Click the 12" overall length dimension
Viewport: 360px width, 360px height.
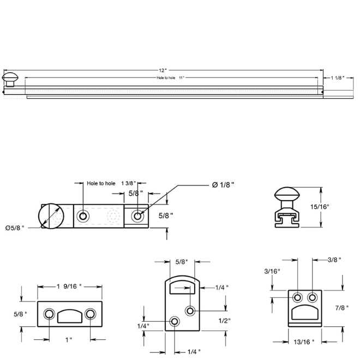coord(163,71)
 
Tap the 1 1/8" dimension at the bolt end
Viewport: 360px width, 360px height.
coord(337,78)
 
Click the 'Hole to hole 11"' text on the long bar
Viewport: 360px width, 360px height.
coord(171,78)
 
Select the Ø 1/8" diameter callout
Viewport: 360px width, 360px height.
coord(223,185)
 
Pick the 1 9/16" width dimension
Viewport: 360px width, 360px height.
coord(69,286)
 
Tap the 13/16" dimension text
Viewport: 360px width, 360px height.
coord(305,342)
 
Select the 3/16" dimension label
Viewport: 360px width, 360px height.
coord(272,271)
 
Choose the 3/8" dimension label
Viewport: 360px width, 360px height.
coord(334,260)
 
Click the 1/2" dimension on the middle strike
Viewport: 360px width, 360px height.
coord(225,320)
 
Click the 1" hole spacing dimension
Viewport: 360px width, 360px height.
coord(69,340)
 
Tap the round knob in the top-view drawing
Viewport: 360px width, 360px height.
coord(50,215)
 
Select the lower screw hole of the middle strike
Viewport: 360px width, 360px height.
coord(174,322)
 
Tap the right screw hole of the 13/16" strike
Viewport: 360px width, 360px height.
coord(312,297)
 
